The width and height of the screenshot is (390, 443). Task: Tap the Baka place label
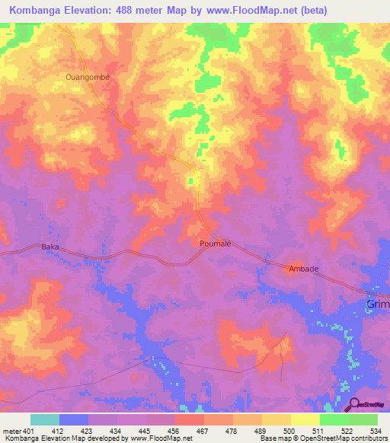pos(50,247)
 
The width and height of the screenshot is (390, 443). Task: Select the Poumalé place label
pos(215,244)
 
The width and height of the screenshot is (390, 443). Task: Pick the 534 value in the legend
pos(377,432)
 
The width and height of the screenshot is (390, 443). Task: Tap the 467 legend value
pos(203,432)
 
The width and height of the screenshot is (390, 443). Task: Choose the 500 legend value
pos(289,432)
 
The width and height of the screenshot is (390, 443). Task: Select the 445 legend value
pos(145,432)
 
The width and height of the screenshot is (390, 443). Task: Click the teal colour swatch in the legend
pos(45,419)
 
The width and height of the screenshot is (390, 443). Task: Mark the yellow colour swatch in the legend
pos(305,419)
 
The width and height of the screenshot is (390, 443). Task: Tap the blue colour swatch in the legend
pos(74,419)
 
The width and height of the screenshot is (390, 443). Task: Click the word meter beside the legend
pos(13,432)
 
